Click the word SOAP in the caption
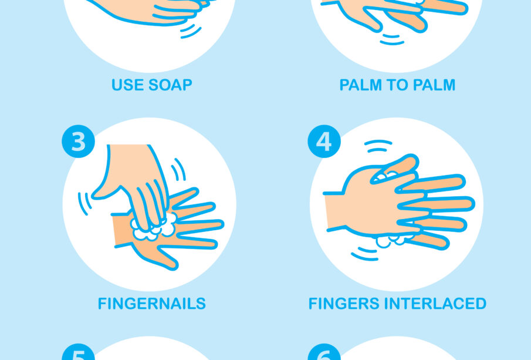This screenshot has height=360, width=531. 170,85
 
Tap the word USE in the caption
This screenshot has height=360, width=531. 127,85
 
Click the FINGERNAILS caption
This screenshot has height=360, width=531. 152,304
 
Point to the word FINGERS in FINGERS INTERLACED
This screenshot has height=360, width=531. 343,304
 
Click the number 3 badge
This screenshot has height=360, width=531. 78,142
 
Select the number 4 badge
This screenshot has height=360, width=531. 324,142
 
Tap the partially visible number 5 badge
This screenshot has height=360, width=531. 78,352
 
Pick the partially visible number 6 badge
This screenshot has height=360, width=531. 324,352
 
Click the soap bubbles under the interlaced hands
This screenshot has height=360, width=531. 393,240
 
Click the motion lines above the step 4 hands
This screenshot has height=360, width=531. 378,146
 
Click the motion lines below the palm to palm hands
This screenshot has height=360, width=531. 392,39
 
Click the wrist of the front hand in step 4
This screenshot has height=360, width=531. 334,211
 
